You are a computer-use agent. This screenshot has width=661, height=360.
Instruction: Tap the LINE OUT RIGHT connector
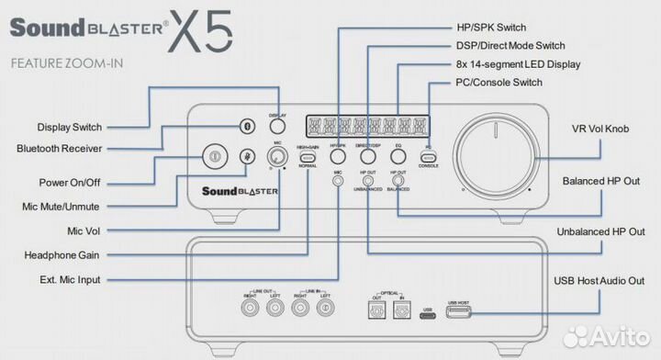click(x=249, y=309)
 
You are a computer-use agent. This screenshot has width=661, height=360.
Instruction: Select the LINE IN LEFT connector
click(x=322, y=309)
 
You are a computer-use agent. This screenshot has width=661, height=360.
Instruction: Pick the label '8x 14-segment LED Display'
click(x=523, y=63)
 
